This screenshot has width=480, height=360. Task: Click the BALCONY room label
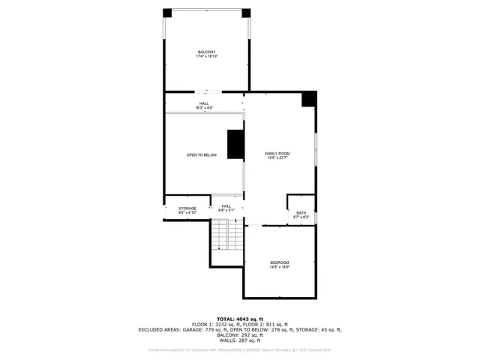[206, 52]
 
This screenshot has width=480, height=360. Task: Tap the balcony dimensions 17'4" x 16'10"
[206, 56]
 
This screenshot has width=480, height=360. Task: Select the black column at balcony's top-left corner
[167, 13]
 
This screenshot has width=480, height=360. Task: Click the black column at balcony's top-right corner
[245, 13]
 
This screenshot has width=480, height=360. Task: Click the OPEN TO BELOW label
[202, 154]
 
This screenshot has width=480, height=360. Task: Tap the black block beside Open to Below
[236, 144]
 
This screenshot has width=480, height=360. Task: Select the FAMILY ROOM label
[277, 153]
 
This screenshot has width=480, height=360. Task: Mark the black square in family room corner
[309, 100]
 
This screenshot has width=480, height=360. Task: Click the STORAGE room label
[187, 208]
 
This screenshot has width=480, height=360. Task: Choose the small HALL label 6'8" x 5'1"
[226, 208]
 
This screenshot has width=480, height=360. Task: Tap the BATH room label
[301, 212]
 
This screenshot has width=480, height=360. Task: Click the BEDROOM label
[279, 262]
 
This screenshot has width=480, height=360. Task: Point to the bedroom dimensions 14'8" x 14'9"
[279, 266]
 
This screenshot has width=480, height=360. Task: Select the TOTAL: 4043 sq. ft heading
[240, 318]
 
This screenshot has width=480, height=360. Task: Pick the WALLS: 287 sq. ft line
[240, 340]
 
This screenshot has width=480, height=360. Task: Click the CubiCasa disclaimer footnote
[240, 349]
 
